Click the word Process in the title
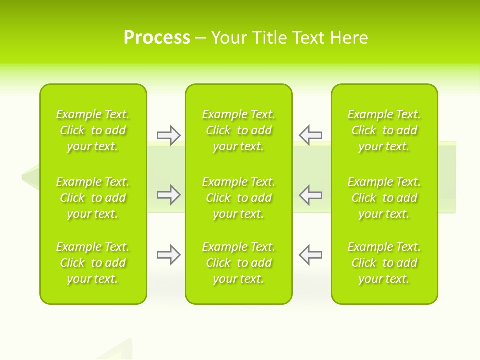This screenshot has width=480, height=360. pos(157,38)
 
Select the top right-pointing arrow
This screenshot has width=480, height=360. pos(169,135)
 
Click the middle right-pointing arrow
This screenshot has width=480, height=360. pos(169,195)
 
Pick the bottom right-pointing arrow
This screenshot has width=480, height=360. pos(169,255)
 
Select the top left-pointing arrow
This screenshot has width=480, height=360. pos(310,135)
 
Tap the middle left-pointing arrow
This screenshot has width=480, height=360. pos(310,195)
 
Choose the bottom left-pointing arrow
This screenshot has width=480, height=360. pos(310,255)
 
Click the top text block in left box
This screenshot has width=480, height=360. pos(93,130)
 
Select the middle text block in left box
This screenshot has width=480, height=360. pos(93,198)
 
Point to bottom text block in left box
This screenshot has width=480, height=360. pos(93,263)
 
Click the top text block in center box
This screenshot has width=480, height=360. pos(238,130)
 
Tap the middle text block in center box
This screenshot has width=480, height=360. pos(238,198)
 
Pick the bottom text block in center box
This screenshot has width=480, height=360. pos(238,263)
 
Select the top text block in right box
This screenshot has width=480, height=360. pos(384,130)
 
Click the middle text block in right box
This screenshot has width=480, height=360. pos(384,198)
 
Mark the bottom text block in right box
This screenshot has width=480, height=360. pos(384,263)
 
